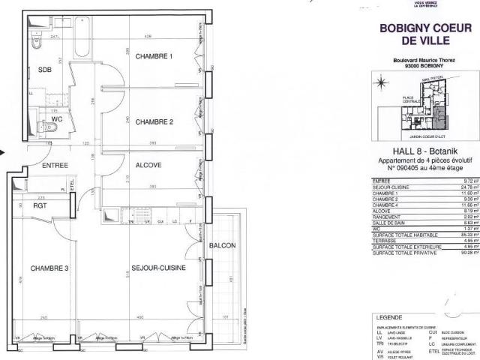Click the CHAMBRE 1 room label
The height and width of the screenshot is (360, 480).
click(x=154, y=57)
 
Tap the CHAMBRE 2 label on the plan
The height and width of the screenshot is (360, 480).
click(x=154, y=122)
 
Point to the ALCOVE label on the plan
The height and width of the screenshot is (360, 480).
click(x=149, y=165)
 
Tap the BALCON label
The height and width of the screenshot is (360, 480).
click(x=223, y=246)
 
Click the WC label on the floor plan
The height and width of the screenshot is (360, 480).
click(x=56, y=119)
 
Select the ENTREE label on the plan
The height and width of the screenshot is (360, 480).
click(x=55, y=166)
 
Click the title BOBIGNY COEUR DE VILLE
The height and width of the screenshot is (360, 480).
click(x=425, y=34)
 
